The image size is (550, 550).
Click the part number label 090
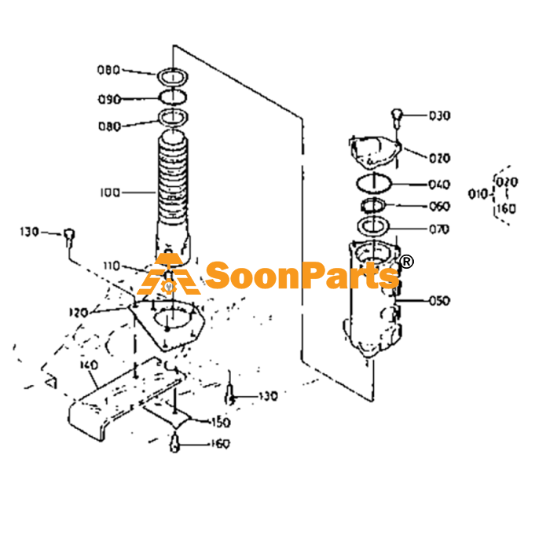[109, 100]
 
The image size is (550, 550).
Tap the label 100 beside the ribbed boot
[110, 192]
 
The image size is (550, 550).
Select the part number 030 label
[439, 115]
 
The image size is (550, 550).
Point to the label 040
[439, 185]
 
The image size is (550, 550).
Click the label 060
[439, 206]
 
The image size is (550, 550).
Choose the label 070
[439, 229]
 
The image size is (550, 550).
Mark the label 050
[439, 301]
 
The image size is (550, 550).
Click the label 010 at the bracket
[478, 194]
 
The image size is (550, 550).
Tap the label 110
[112, 266]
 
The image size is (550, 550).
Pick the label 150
[220, 423]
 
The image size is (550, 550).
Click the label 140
[89, 365]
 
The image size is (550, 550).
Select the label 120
[79, 312]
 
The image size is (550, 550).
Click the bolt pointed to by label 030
[396, 118]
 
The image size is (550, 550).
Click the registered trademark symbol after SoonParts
[406, 262]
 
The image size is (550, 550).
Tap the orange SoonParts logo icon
[168, 274]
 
